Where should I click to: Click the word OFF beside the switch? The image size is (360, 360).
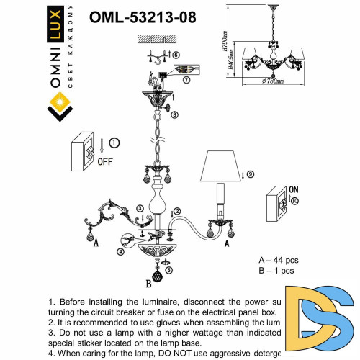105,161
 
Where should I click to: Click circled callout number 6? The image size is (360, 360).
176,55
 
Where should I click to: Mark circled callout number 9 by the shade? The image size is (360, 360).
251,174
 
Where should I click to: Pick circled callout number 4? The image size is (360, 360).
120,251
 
